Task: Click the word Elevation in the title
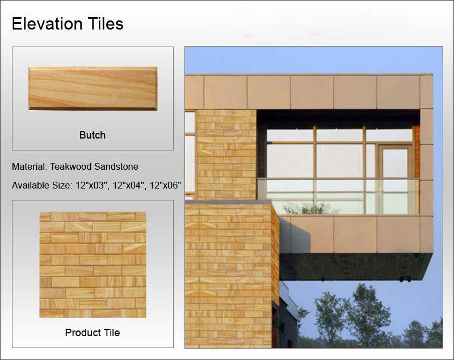tap(47, 23)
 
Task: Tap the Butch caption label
tap(93, 135)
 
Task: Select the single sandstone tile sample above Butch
tap(93, 89)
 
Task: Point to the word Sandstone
tap(116, 166)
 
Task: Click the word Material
tap(30, 166)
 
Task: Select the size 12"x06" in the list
tap(165, 185)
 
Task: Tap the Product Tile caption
tap(93, 333)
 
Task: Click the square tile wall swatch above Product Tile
tap(93, 265)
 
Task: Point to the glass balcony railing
tap(338, 196)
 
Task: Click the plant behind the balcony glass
tap(308, 208)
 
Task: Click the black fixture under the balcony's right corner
tap(405, 279)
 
